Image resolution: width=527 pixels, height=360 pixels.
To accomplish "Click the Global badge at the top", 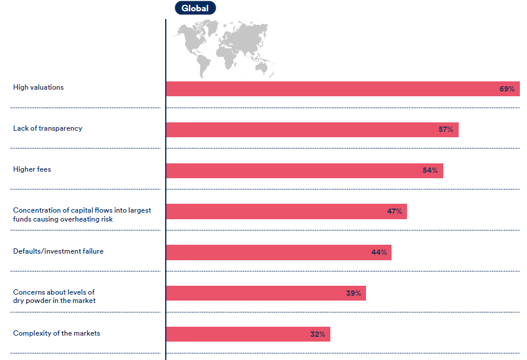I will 195,8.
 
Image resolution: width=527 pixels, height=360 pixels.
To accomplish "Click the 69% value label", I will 507,89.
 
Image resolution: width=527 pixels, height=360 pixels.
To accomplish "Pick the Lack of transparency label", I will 48,128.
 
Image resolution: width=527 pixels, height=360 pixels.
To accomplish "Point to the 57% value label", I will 446,130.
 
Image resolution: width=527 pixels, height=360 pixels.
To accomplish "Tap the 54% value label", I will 430,170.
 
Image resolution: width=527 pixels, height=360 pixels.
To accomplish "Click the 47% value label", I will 395,211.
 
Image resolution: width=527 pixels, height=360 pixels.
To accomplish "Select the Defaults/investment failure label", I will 58,251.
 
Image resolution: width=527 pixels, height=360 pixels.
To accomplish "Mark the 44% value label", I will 379,252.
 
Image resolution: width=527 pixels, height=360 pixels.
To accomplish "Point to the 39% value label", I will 354,293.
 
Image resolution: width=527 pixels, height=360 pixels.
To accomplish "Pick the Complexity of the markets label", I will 56,333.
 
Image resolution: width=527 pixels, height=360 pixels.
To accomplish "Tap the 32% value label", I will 318,334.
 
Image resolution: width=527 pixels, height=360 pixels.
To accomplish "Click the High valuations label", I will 38,87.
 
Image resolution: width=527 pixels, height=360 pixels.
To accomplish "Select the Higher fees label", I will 32,169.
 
